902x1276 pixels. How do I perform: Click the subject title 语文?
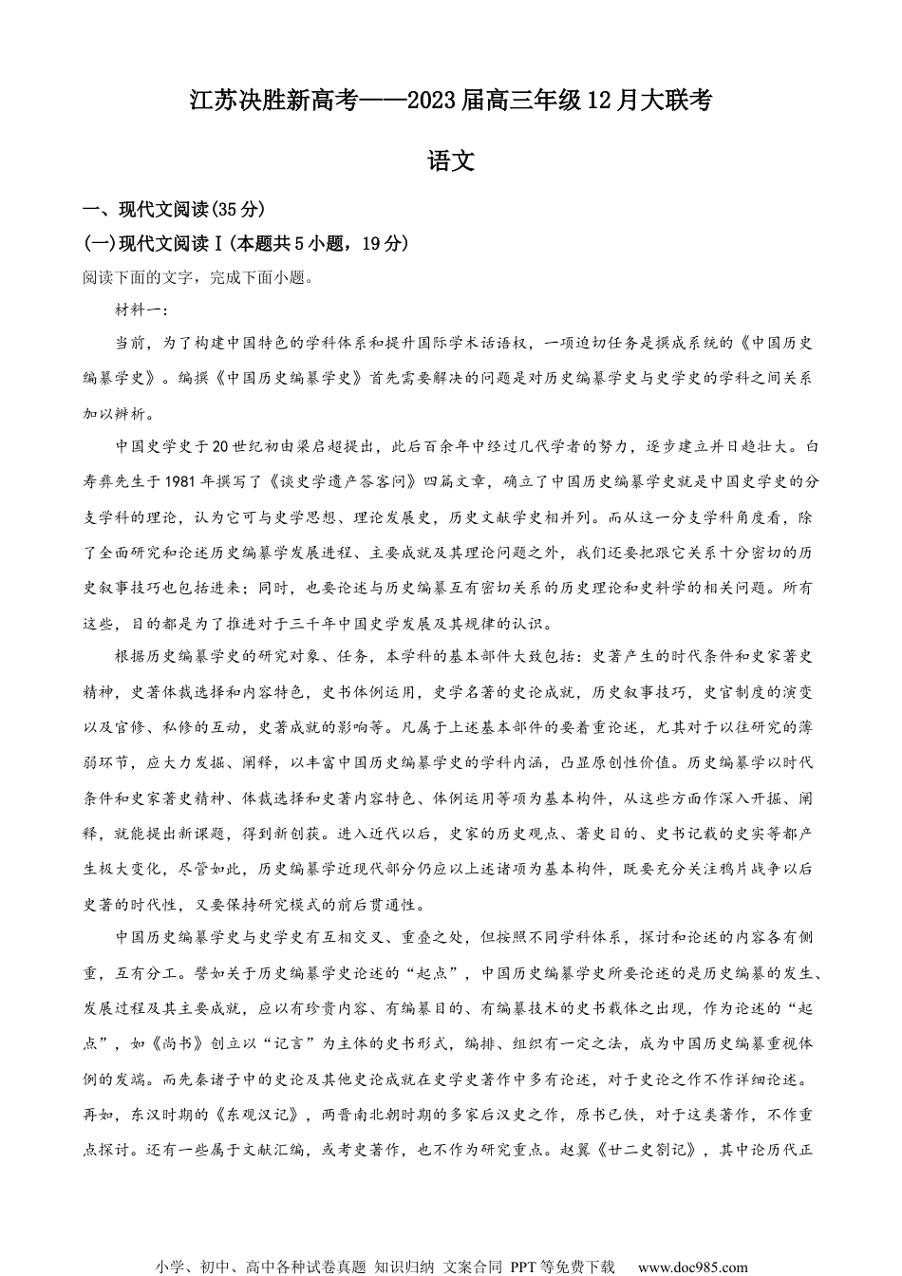[451, 161]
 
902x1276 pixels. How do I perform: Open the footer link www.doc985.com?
[692, 1267]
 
